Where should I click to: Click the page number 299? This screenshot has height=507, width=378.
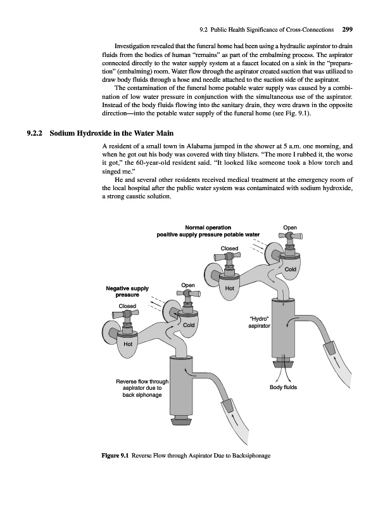(x=347, y=29)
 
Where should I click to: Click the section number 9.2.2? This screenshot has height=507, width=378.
(x=35, y=133)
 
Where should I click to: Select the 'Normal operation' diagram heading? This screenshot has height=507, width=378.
(x=208, y=228)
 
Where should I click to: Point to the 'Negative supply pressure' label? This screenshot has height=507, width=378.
(x=127, y=292)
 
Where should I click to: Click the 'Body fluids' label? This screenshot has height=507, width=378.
(x=283, y=387)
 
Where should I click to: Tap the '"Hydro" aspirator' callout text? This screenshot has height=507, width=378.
(x=259, y=323)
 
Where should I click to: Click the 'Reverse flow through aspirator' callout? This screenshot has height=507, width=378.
(x=142, y=388)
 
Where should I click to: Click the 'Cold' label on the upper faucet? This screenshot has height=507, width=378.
(x=290, y=269)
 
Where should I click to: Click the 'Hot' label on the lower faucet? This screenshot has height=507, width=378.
(x=128, y=344)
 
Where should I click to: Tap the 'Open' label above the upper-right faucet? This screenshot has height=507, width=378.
(x=290, y=228)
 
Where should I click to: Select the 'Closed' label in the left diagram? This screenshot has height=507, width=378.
(x=127, y=306)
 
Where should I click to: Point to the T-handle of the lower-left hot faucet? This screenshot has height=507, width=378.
(x=125, y=314)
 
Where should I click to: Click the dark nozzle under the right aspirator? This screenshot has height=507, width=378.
(x=284, y=363)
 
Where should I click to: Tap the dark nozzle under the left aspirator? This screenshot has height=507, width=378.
(x=181, y=421)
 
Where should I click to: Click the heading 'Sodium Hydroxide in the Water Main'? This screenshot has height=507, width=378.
(x=111, y=133)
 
